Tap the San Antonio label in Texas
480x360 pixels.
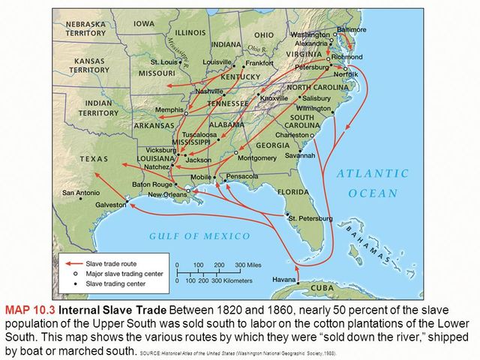81,193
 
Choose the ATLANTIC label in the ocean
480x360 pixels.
373,173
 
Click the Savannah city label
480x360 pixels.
299,156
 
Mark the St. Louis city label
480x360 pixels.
163,61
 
